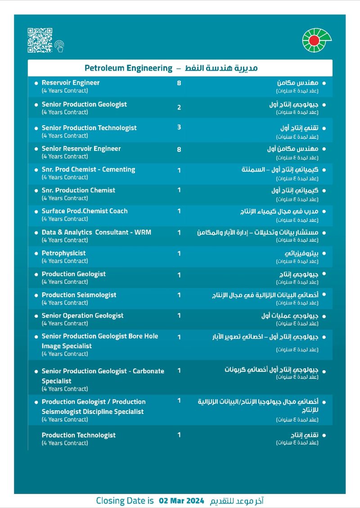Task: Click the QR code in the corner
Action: tap(40, 40)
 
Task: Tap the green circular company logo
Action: tap(316, 40)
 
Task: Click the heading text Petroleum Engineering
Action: tap(129, 68)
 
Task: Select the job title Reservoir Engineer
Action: tap(71, 83)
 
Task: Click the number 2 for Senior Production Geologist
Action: tap(179, 107)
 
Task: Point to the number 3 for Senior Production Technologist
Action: tap(179, 127)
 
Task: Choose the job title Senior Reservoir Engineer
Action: tap(81, 149)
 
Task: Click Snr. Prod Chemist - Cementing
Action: tap(88, 170)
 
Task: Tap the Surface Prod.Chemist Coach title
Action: tap(85, 211)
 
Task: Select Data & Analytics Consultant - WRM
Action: tap(96, 232)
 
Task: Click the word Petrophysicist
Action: tap(63, 253)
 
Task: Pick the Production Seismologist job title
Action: tap(79, 295)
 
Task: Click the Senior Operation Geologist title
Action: tap(82, 316)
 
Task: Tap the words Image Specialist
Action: tap(67, 346)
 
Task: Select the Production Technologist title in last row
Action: tap(79, 435)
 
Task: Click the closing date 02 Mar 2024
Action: tap(182, 501)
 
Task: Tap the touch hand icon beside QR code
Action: tap(59, 45)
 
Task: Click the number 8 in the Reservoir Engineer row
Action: tap(179, 83)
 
